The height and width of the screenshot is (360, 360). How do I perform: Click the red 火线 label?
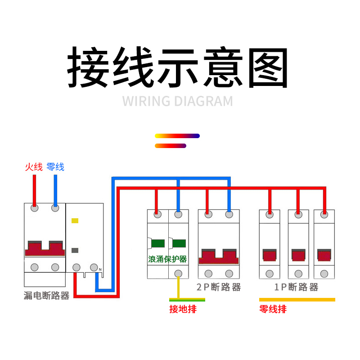(34, 167)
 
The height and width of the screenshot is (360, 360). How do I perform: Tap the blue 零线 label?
(55, 167)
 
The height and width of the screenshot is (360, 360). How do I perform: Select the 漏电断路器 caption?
(46, 296)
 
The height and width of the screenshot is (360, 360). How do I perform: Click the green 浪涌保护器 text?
(167, 259)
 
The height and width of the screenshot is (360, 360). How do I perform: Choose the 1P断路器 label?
(296, 287)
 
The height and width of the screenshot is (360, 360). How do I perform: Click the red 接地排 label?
(183, 309)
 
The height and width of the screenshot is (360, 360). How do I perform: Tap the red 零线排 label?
(273, 309)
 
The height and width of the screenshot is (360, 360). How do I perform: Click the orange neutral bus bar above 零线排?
(297, 299)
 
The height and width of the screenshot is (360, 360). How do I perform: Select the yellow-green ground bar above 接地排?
(187, 299)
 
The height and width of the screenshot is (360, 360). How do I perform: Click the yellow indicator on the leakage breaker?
(75, 221)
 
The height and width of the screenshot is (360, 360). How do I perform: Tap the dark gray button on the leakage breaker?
(75, 251)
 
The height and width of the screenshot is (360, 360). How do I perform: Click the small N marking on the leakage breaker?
(100, 270)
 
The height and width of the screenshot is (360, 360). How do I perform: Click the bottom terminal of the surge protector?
(178, 273)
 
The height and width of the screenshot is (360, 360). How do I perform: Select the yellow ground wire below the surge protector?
(178, 288)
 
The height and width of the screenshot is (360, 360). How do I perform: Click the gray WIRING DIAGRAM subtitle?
(178, 101)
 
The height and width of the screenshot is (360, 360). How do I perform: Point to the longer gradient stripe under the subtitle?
(177, 136)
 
